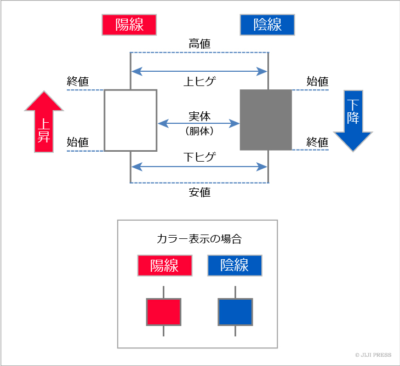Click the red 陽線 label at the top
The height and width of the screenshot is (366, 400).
point(129,25)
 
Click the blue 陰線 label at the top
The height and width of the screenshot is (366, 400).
point(267,25)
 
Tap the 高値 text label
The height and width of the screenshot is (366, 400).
point(199,44)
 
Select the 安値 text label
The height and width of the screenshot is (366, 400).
point(199,193)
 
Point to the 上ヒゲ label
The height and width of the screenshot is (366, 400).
point(199,82)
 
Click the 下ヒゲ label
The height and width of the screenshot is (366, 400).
point(199,157)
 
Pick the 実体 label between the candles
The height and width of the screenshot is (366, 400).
point(199,117)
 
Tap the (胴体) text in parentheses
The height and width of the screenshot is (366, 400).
point(199,131)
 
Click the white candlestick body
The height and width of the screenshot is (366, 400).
point(130,120)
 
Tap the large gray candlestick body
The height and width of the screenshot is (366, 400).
point(266,120)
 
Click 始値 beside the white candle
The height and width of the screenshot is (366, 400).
point(78,142)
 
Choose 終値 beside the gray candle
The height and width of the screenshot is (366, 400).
point(317,142)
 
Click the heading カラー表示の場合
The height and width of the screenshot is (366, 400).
point(199,239)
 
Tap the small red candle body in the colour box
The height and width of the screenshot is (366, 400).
point(163,312)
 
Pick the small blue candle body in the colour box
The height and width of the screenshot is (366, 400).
point(235,312)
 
